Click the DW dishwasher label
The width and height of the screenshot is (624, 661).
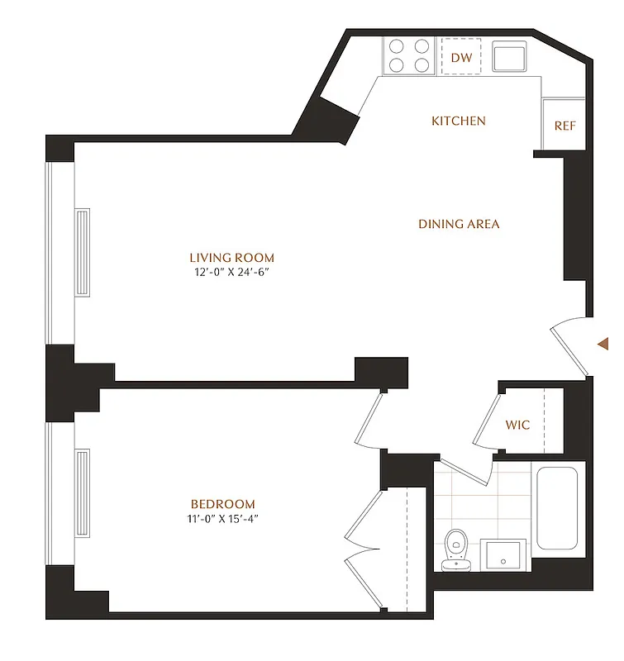click(x=463, y=58)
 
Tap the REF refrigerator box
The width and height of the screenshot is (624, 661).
click(x=564, y=126)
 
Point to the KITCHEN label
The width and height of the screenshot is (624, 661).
click(x=459, y=121)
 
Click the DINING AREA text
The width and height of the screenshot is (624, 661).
click(x=459, y=224)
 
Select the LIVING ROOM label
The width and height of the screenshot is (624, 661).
click(x=231, y=258)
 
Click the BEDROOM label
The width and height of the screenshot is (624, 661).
click(x=222, y=504)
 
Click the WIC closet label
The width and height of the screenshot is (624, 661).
click(x=518, y=426)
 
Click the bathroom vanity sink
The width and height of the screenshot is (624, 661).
click(x=504, y=555)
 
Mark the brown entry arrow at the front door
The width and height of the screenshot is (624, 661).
click(x=604, y=342)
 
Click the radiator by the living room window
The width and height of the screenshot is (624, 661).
click(x=82, y=253)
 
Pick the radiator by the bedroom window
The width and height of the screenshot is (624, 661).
click(x=82, y=492)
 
